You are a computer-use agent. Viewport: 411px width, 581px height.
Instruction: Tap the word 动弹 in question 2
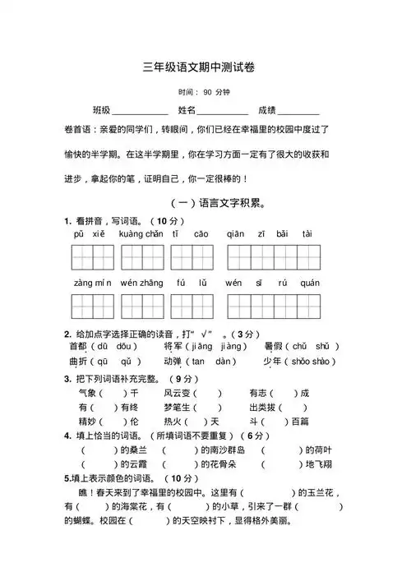point(173,361)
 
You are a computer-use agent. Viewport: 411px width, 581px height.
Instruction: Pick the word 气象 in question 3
point(88,393)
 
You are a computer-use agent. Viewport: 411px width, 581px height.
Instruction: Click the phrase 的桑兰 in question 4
point(132,450)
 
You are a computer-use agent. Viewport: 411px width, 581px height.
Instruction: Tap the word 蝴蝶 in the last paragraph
point(79,522)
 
